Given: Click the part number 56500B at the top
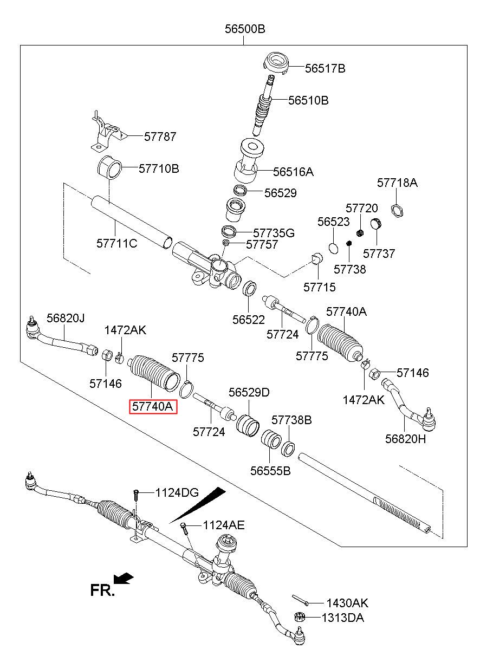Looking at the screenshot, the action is pyautogui.click(x=245, y=29).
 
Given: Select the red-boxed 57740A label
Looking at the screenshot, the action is pyautogui.click(x=153, y=406).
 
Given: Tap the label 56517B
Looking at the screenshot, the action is pyautogui.click(x=325, y=69).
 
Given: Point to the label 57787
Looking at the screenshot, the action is pyautogui.click(x=160, y=137).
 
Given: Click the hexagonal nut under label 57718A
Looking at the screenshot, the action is pyautogui.click(x=397, y=211).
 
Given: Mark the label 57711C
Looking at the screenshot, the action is pyautogui.click(x=117, y=243).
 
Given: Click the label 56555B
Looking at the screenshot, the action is pyautogui.click(x=270, y=471).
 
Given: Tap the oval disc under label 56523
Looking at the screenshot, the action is pyautogui.click(x=333, y=248).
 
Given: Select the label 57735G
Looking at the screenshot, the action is pyautogui.click(x=274, y=233).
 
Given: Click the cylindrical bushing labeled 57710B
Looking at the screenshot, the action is pyautogui.click(x=109, y=167).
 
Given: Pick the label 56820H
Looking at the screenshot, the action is pyautogui.click(x=405, y=439).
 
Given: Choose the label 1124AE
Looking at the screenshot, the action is pyautogui.click(x=223, y=525).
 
